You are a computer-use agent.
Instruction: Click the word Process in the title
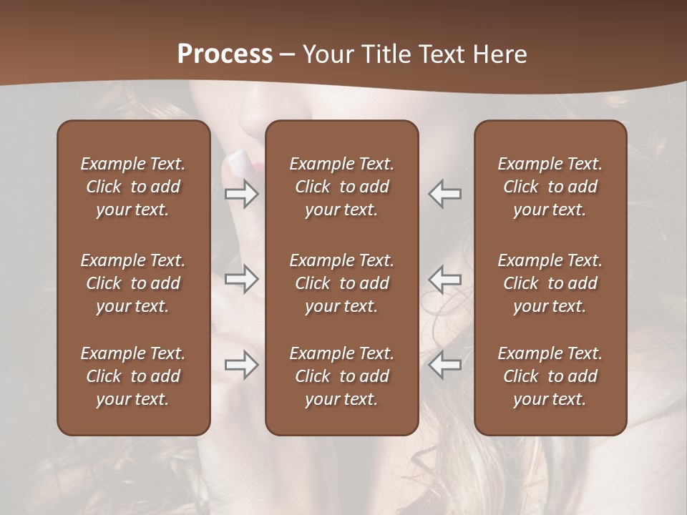(225, 54)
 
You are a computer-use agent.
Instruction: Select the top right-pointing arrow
(242, 194)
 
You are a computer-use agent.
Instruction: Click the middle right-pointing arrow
(242, 279)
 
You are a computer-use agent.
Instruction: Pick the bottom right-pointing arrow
(242, 365)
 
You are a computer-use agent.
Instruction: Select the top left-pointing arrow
(444, 194)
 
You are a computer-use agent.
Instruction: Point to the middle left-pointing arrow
(444, 279)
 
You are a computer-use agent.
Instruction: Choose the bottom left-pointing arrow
(444, 365)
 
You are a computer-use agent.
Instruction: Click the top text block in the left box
(133, 187)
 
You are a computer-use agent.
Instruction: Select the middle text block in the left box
(133, 283)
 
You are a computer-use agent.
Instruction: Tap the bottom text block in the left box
(133, 376)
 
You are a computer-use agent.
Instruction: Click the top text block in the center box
(341, 187)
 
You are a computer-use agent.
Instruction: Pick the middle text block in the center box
(341, 283)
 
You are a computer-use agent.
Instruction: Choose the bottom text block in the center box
(341, 376)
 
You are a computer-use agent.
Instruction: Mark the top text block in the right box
(550, 187)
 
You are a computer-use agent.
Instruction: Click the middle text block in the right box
(550, 283)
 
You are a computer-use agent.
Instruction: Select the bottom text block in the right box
(550, 376)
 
